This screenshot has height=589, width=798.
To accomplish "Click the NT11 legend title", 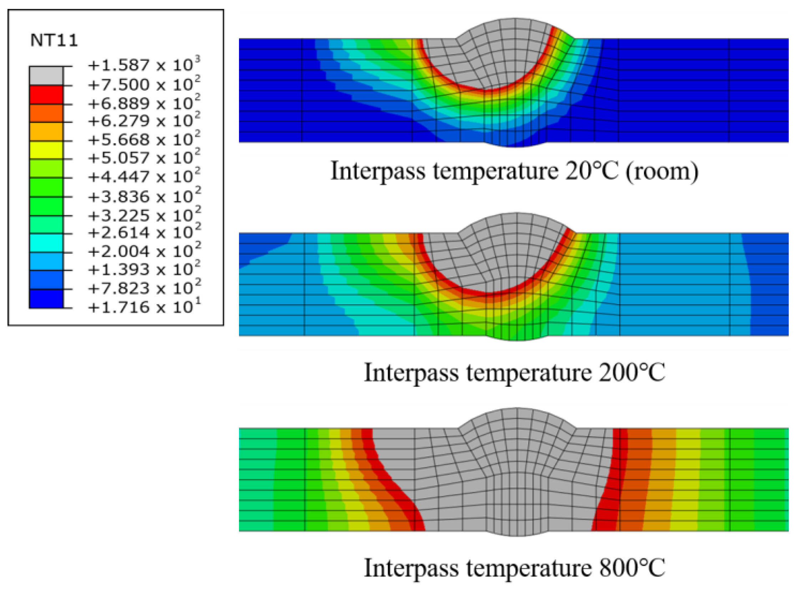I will click(54, 40).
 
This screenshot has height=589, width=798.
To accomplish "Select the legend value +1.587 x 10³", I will click(144, 65).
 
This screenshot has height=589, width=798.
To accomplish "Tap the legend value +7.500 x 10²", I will click(144, 84).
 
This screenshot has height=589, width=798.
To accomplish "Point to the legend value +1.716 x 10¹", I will click(144, 307).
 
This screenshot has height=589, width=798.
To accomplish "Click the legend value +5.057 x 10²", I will click(144, 157).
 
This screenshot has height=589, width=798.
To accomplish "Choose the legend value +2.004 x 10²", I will click(144, 251).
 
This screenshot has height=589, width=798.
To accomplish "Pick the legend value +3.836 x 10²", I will click(144, 196).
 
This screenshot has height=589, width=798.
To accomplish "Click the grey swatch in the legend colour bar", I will click(46, 76).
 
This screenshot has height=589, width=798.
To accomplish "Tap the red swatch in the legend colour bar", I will click(46, 95).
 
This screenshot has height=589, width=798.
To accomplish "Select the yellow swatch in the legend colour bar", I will click(46, 150).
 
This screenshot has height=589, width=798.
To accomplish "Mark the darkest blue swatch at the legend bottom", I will click(46, 298).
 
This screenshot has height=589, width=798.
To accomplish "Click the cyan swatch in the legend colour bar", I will click(46, 243).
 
